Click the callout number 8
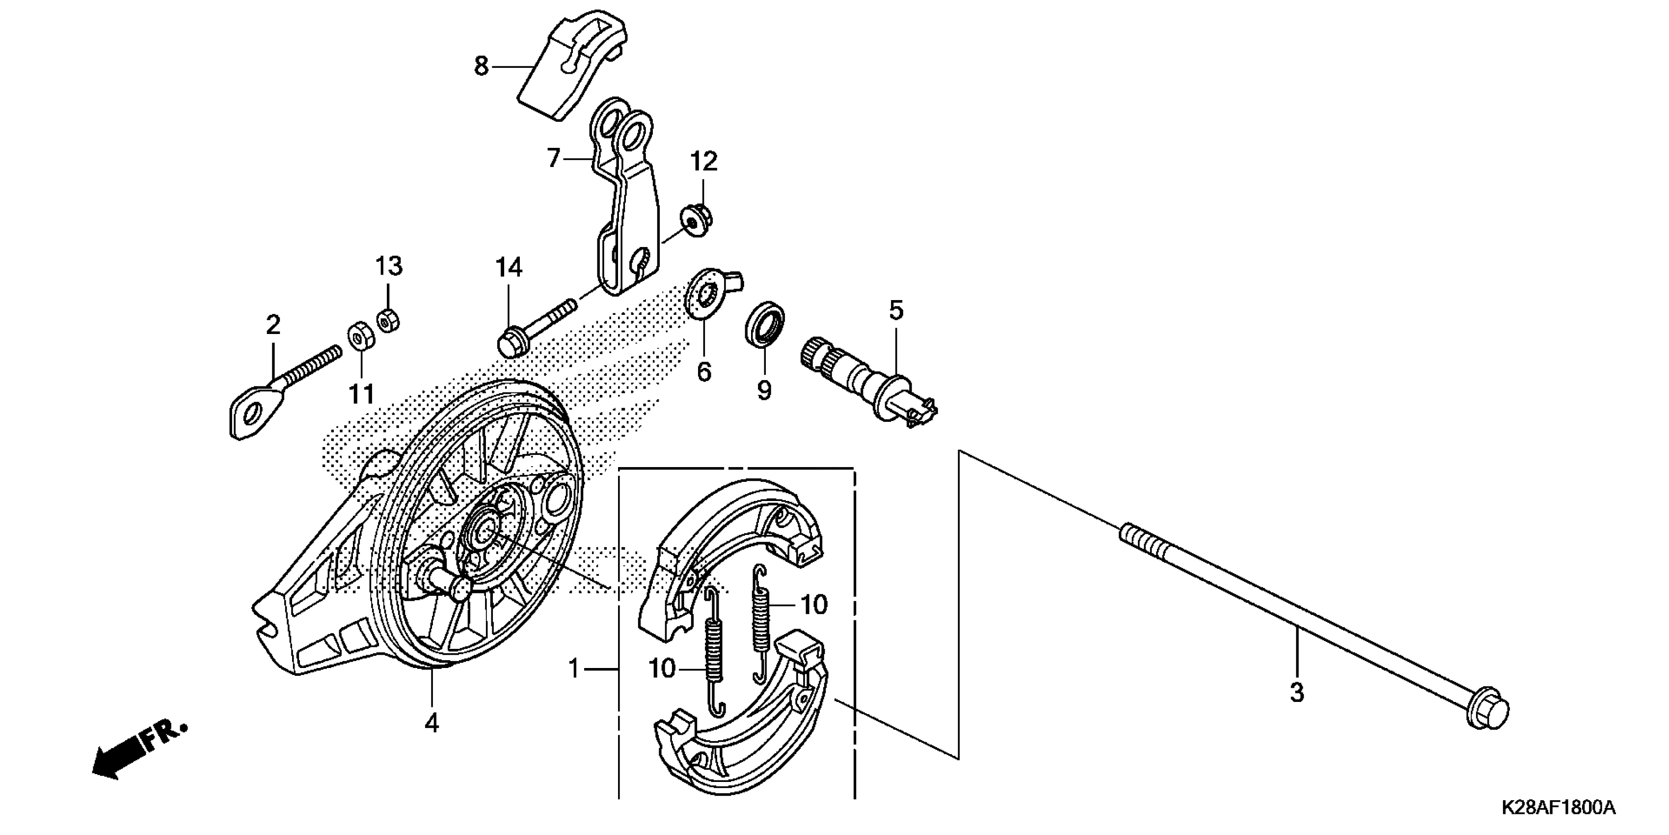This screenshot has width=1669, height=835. [481, 66]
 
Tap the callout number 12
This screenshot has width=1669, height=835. [703, 162]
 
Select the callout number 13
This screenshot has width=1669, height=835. [389, 266]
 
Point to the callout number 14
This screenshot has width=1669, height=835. [509, 267]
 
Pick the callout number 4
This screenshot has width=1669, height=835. [431, 722]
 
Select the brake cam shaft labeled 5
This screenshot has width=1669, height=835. [868, 383]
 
